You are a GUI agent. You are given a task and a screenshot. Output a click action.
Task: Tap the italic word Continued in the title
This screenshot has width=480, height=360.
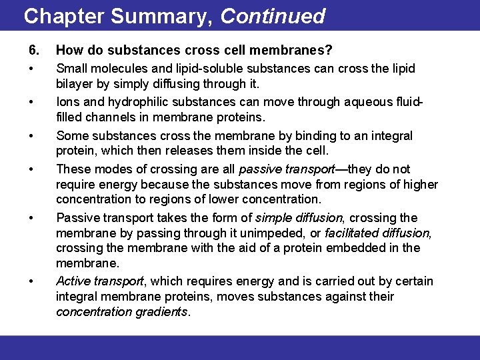[x=273, y=16]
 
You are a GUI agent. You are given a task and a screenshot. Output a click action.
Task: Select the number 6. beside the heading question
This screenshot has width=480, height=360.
[x=34, y=50]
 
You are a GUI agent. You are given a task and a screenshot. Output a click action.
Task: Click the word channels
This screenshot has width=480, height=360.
[x=109, y=117]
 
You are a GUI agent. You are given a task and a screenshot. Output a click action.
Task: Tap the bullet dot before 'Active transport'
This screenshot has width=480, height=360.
[x=32, y=282]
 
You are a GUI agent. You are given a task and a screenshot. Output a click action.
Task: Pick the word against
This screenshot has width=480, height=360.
[x=341, y=296]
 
